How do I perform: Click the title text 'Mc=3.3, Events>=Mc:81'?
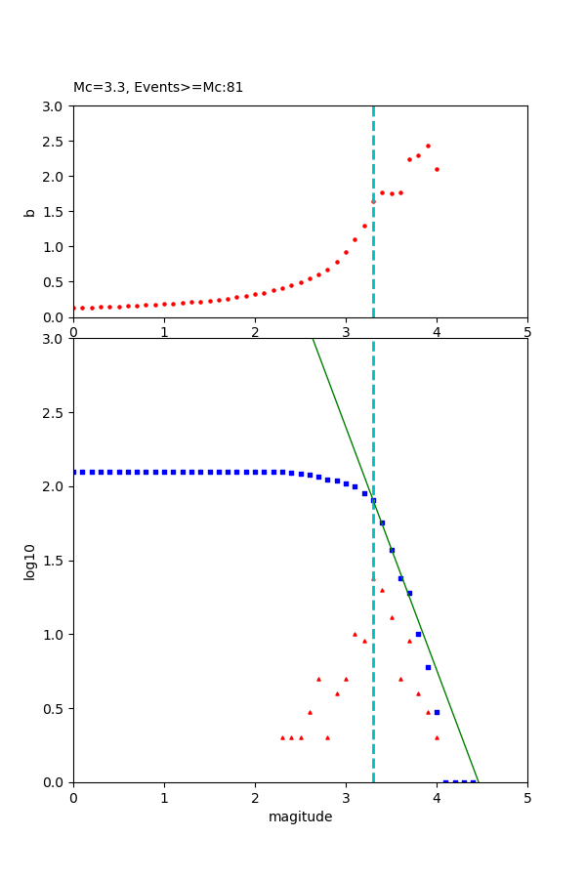click(158, 88)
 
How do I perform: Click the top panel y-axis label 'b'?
click(30, 212)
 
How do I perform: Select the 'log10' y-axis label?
click(30, 562)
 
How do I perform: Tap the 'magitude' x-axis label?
click(300, 817)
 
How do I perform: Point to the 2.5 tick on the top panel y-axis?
click(56, 142)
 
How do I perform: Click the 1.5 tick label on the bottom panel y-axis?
click(56, 562)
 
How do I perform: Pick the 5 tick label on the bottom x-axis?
click(527, 798)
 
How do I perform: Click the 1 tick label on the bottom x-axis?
click(164, 798)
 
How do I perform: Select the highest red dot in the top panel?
click(428, 146)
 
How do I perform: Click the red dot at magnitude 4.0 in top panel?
click(437, 169)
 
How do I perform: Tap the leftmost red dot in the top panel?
click(74, 308)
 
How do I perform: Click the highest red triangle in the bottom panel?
click(373, 579)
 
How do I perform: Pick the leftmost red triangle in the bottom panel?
click(282, 737)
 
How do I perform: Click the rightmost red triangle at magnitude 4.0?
click(437, 737)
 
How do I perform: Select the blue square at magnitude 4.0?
click(437, 712)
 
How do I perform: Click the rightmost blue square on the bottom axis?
click(473, 781)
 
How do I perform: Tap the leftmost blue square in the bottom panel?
click(74, 472)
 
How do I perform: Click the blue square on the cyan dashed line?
click(373, 500)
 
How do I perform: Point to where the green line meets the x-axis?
click(478, 781)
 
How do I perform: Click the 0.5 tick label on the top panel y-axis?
click(56, 282)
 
